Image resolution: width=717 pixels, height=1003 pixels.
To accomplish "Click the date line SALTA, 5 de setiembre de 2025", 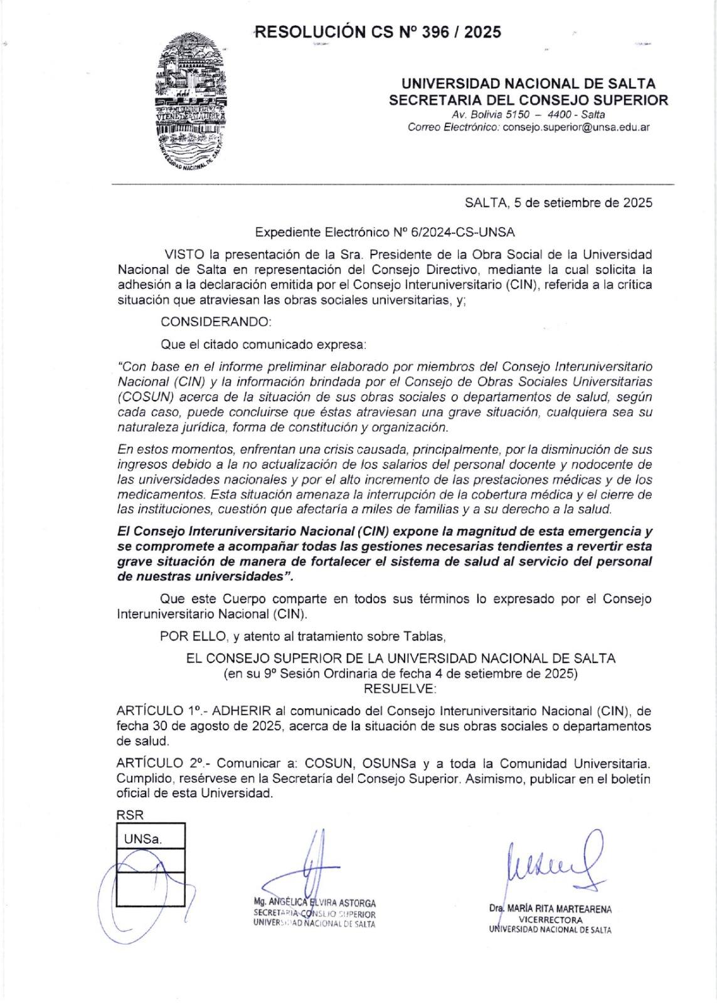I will click(558, 202).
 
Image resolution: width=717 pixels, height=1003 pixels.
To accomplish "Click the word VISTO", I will click(184, 255).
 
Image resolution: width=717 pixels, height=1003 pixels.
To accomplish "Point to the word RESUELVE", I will click(400, 688).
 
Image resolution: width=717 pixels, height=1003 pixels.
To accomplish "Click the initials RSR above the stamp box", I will click(129, 816).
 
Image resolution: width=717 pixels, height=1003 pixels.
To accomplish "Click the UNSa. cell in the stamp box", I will click(143, 839).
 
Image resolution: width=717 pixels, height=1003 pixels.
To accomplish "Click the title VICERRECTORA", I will click(551, 920).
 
